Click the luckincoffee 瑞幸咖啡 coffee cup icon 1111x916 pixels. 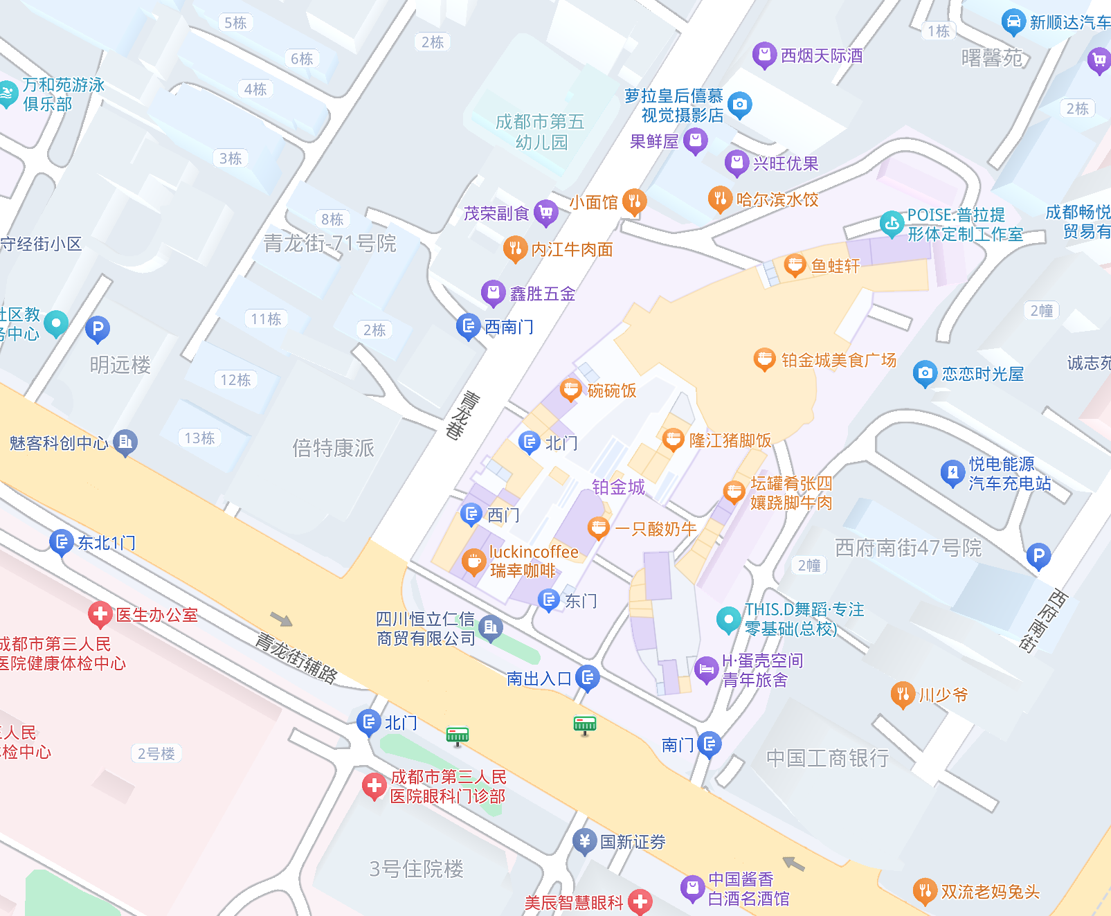pyautogui.click(x=473, y=562)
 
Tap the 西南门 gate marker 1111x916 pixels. pyautogui.click(x=468, y=325)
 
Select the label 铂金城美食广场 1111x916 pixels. pyautogui.click(x=838, y=360)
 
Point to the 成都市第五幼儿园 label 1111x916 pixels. pyautogui.click(x=540, y=132)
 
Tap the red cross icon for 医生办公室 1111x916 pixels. pyautogui.click(x=100, y=613)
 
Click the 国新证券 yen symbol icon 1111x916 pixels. pyautogui.click(x=584, y=841)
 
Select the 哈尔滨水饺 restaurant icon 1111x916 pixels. pyautogui.click(x=720, y=199)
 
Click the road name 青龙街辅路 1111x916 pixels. pyautogui.click(x=296, y=658)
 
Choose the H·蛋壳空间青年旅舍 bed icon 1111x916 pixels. pyautogui.click(x=706, y=669)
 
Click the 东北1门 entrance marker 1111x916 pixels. pyautogui.click(x=61, y=541)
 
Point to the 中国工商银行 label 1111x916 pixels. pyautogui.click(x=827, y=758)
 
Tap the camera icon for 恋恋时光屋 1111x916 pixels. pyautogui.click(x=924, y=373)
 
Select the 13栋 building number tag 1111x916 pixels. pyautogui.click(x=199, y=438)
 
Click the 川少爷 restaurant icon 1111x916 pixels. pyautogui.click(x=902, y=694)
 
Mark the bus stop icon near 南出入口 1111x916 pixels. pyautogui.click(x=585, y=724)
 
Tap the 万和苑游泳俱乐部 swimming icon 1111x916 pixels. pyautogui.click(x=7, y=93)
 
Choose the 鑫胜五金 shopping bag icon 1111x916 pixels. pyautogui.click(x=493, y=293)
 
